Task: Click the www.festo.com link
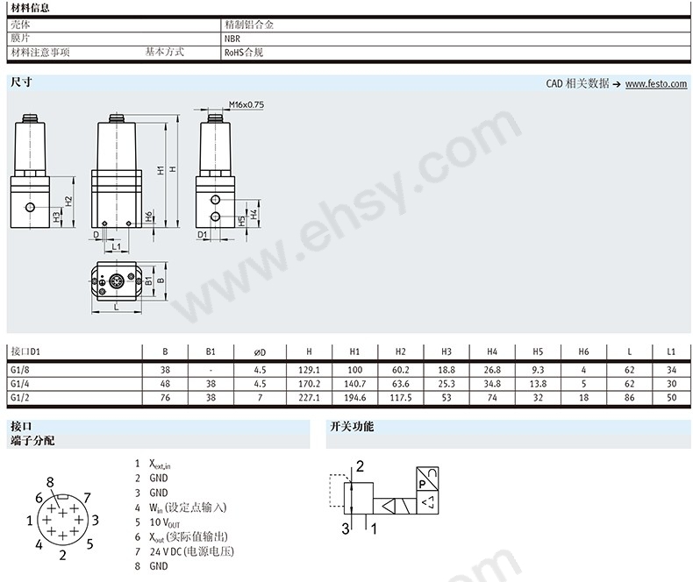tap(656, 84)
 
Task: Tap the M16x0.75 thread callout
tap(246, 104)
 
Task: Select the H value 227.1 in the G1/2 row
tap(309, 397)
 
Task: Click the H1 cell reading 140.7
tap(354, 384)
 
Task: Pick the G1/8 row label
tap(20, 370)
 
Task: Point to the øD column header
tap(260, 352)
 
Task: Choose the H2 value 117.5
tap(400, 397)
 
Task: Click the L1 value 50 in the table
tap(671, 397)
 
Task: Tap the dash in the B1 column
tap(211, 370)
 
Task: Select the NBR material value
tap(232, 39)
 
